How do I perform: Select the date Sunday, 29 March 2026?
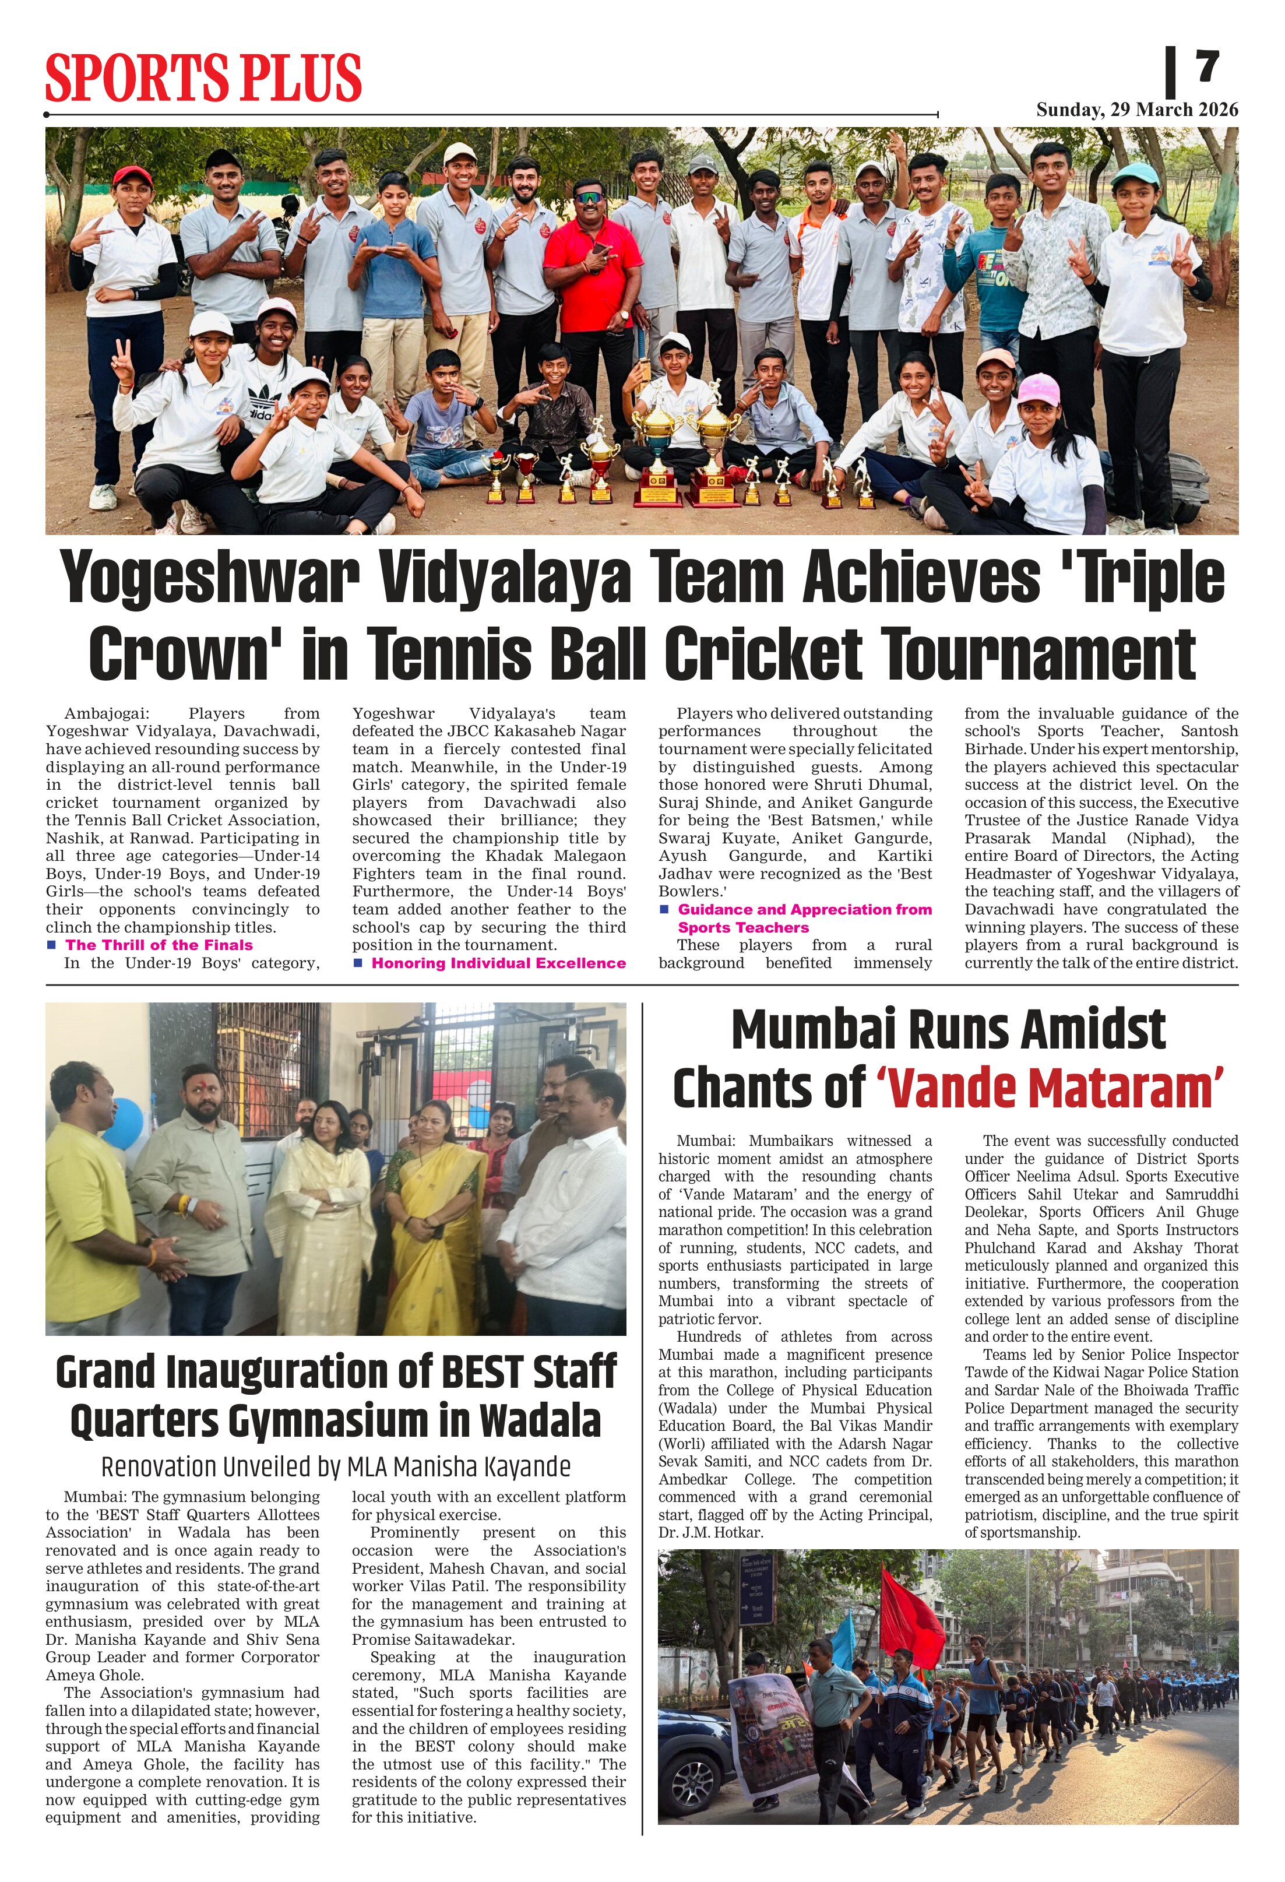click(1137, 110)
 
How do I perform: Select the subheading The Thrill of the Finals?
click(159, 945)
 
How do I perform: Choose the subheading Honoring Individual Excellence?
click(498, 963)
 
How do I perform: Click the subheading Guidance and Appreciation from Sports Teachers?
click(804, 919)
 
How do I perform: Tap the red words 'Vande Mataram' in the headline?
click(1050, 1088)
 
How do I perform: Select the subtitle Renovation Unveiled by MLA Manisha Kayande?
click(335, 1466)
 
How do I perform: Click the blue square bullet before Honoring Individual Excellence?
click(358, 963)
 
